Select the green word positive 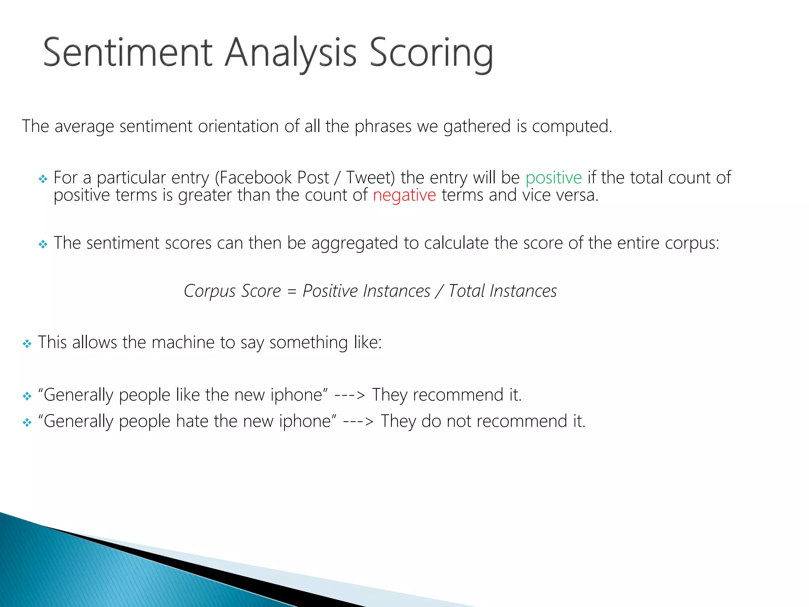point(553,178)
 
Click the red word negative point(404,195)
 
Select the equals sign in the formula point(292,292)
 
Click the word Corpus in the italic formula point(209,292)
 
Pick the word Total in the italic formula point(466,291)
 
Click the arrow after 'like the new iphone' point(350,395)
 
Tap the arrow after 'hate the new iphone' point(358,421)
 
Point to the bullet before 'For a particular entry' point(43,179)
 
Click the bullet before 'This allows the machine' point(27,344)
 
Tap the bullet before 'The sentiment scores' point(43,245)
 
